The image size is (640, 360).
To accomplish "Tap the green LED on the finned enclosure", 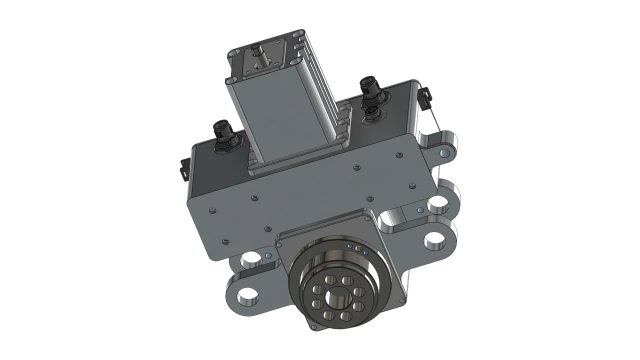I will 228,67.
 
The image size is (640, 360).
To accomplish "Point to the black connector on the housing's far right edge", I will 423,100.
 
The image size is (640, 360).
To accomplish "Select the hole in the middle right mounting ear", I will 436,207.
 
